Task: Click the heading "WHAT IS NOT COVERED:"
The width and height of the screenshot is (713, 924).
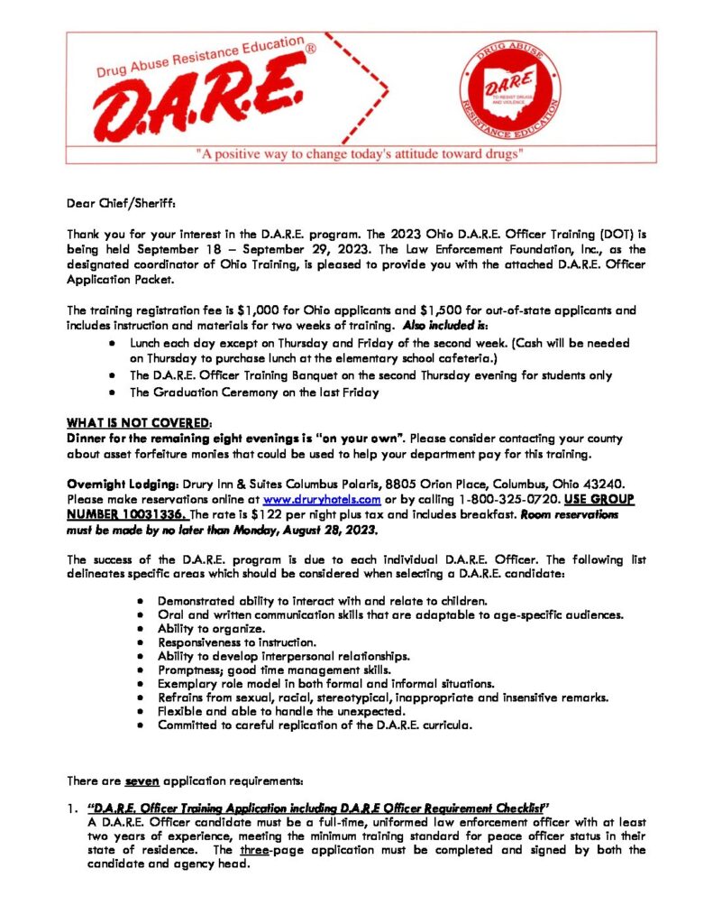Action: click(140, 422)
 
